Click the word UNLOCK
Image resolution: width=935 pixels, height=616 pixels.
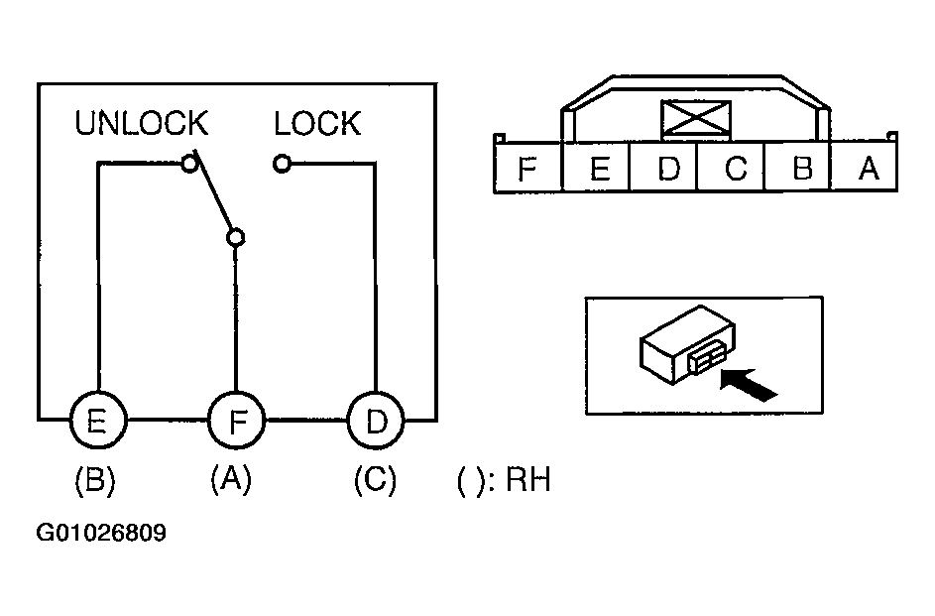click(x=142, y=123)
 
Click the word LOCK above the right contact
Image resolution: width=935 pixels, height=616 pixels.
click(x=317, y=123)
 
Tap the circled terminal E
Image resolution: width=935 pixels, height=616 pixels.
click(x=98, y=421)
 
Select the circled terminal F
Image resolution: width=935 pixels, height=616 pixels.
click(x=237, y=421)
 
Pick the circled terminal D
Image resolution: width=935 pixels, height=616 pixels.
click(x=376, y=421)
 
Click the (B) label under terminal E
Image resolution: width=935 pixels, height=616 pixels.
click(x=95, y=480)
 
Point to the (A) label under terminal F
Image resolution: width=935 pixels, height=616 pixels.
click(x=231, y=479)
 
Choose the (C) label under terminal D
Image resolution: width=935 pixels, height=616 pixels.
click(x=375, y=480)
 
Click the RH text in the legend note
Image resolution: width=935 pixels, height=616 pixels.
click(x=528, y=479)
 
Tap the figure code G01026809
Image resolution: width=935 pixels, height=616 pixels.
click(x=101, y=532)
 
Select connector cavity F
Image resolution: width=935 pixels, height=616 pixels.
click(x=527, y=167)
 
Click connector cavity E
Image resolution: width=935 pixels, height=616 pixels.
click(x=596, y=167)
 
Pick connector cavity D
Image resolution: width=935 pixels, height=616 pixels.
click(x=663, y=167)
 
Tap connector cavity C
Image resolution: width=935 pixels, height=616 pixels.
click(x=731, y=167)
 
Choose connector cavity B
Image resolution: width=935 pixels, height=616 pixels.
click(x=798, y=167)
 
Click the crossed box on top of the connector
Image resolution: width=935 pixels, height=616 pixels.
click(x=696, y=120)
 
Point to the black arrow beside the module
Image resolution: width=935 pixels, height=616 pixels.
click(x=749, y=385)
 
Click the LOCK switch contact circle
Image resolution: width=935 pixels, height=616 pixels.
click(x=282, y=163)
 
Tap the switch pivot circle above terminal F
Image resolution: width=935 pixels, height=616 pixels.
click(x=236, y=237)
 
